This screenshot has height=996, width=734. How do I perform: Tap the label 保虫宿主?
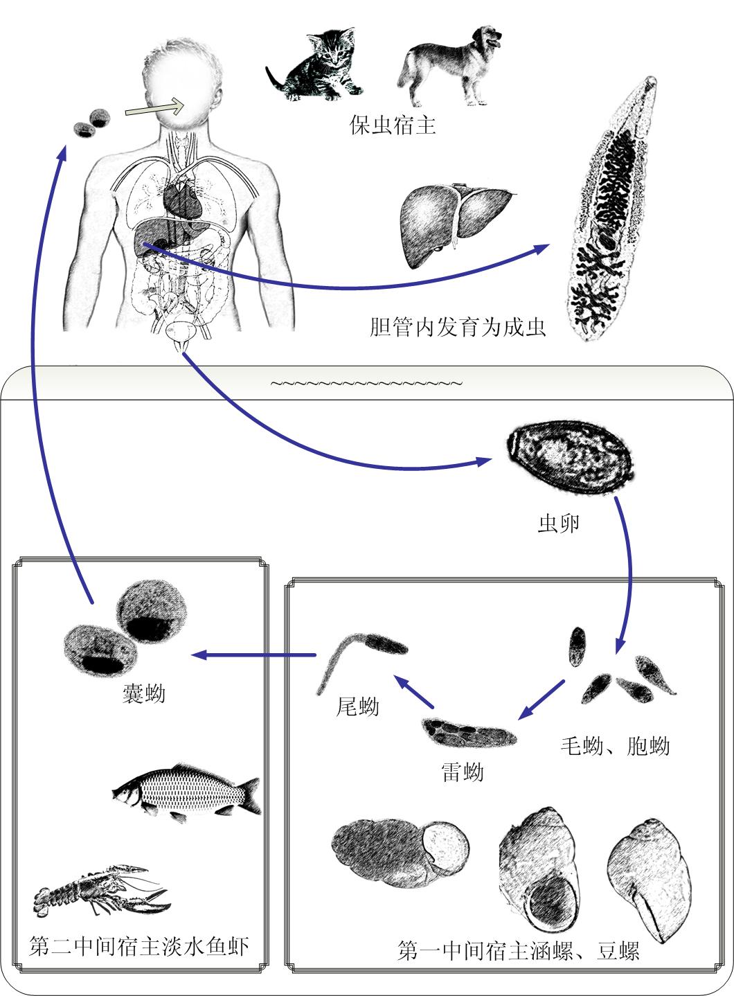click(x=392, y=125)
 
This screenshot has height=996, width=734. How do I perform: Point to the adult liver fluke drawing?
click(x=613, y=208)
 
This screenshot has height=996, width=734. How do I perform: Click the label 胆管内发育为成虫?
click(x=458, y=327)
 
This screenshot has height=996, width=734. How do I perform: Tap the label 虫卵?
click(x=559, y=524)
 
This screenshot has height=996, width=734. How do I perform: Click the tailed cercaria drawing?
click(x=362, y=662)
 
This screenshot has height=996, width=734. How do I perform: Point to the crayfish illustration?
click(x=102, y=890)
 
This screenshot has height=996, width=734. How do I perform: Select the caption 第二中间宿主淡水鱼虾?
click(x=139, y=945)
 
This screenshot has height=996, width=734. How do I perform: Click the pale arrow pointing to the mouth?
click(x=154, y=107)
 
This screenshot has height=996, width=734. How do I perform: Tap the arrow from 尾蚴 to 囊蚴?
click(x=253, y=655)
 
